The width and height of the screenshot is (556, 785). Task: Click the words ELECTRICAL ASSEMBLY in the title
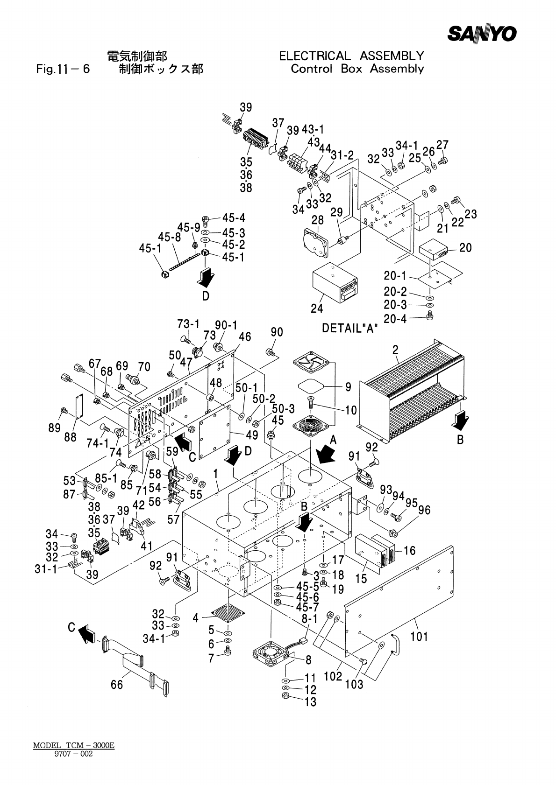(351, 56)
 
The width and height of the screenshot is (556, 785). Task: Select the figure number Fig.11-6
(63, 70)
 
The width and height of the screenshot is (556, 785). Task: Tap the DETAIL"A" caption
(350, 328)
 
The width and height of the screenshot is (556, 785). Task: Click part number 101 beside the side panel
(419, 636)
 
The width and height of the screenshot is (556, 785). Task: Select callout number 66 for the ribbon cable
(116, 685)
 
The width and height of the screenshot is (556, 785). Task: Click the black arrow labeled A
(326, 453)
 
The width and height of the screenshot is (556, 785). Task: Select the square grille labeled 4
(228, 614)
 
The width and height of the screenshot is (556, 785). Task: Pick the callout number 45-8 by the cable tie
(169, 237)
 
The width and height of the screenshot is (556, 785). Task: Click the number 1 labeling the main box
(216, 474)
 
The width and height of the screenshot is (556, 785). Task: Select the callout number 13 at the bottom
(310, 701)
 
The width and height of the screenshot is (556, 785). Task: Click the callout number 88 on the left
(70, 436)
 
